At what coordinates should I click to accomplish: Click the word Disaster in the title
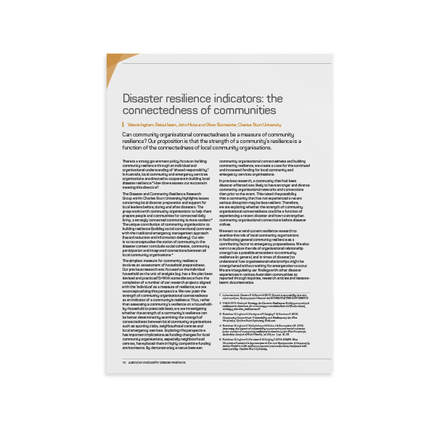(x=142, y=97)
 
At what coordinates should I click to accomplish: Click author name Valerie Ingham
(x=140, y=124)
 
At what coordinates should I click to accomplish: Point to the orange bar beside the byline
(x=123, y=124)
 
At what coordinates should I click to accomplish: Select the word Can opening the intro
(x=127, y=135)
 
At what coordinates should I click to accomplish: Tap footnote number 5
(x=221, y=338)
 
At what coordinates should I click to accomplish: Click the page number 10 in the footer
(x=125, y=361)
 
